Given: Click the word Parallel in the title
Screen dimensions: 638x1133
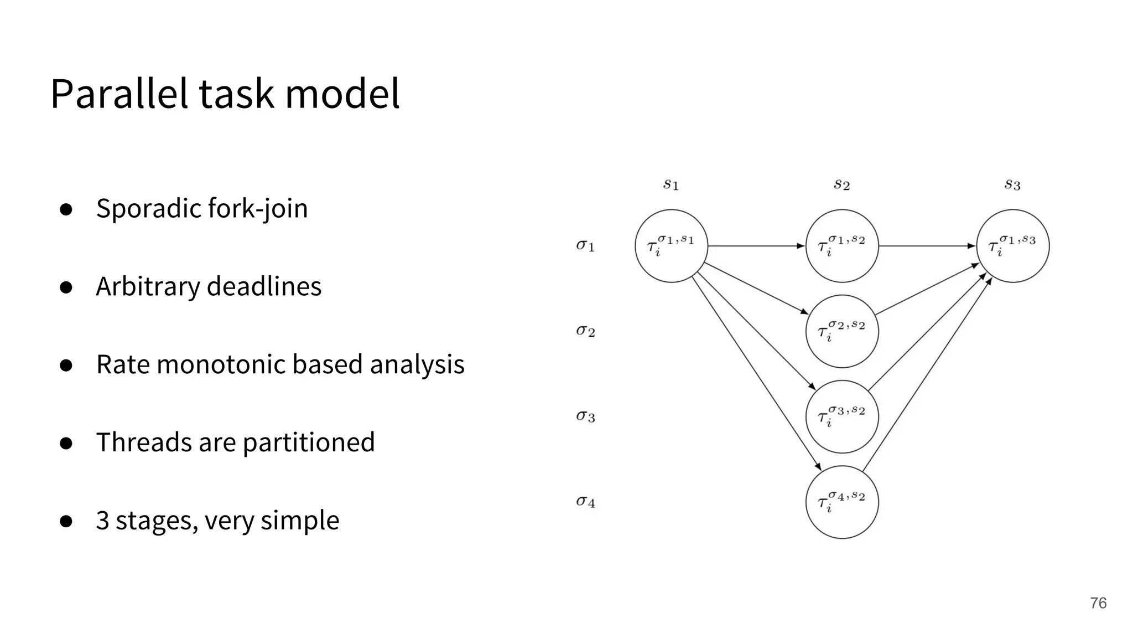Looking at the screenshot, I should [x=119, y=94].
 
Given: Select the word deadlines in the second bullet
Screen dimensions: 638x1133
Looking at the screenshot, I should [x=264, y=287].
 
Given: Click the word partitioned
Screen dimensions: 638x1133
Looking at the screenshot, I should [x=309, y=443].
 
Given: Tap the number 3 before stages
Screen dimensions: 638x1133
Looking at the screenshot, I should [x=103, y=521].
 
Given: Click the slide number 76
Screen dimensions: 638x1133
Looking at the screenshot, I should [x=1098, y=603].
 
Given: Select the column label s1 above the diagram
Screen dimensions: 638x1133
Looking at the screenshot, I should [x=671, y=184].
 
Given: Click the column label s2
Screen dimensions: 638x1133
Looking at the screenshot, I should [x=841, y=184].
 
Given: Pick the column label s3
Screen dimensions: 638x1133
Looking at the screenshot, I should [x=1012, y=184].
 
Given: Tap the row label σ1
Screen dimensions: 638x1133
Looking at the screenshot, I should [x=585, y=245].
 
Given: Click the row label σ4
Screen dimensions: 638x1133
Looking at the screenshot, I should [x=585, y=502].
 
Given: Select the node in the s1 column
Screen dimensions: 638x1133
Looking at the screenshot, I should [x=671, y=246].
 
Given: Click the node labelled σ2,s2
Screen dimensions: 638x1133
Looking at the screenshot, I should [x=842, y=331].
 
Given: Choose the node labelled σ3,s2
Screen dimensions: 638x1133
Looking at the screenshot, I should [x=842, y=416].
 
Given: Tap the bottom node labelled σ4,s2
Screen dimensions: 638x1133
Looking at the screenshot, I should [x=842, y=502].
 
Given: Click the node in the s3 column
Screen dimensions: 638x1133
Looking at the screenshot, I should [x=1012, y=246].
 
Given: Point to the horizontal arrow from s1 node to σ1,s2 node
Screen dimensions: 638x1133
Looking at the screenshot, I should [x=756, y=245].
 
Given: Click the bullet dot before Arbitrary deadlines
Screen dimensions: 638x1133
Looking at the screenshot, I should [x=66, y=287].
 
